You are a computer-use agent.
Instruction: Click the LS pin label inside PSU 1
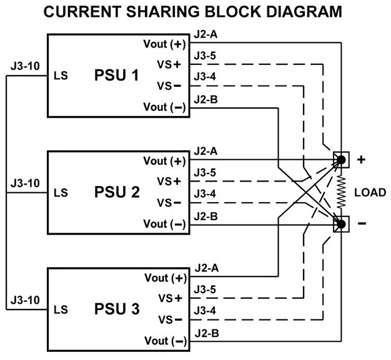coord(61,76)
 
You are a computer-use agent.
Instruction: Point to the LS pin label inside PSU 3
coord(61,309)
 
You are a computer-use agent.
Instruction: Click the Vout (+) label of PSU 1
coord(164,44)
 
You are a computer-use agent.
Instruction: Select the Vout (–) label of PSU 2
coord(164,223)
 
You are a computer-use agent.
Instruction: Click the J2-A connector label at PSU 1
coord(205,34)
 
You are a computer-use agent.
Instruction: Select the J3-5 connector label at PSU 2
coord(205,172)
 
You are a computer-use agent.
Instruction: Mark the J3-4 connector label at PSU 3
coord(205,310)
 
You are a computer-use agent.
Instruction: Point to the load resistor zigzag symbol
coord(342,192)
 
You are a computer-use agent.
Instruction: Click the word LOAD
coord(370,192)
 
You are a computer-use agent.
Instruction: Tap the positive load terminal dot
coord(342,160)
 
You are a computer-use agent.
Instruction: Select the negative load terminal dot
coord(342,223)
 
